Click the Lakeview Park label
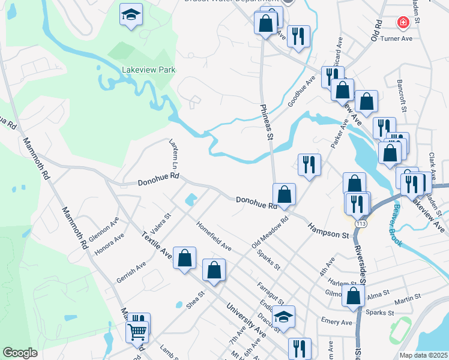click(148, 70)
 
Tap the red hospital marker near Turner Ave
click(403, 23)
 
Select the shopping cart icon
click(137, 331)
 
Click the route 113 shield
click(360, 223)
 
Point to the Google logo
click(20, 353)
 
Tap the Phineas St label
click(267, 121)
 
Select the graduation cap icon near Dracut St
click(284, 316)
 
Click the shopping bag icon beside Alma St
click(354, 295)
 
